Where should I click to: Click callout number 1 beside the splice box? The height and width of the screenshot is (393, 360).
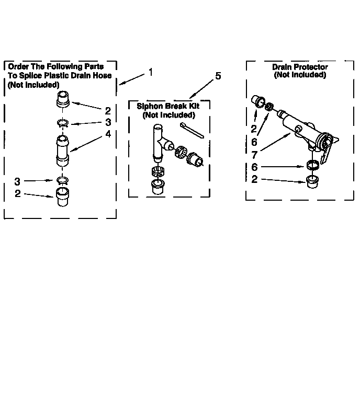coord(151,72)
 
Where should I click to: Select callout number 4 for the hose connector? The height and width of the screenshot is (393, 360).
coord(108,134)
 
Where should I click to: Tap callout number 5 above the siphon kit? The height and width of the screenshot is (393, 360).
coord(218,76)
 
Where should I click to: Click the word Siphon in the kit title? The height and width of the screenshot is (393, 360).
coord(149,106)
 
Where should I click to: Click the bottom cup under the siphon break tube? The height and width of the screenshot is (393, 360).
coord(156,187)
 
